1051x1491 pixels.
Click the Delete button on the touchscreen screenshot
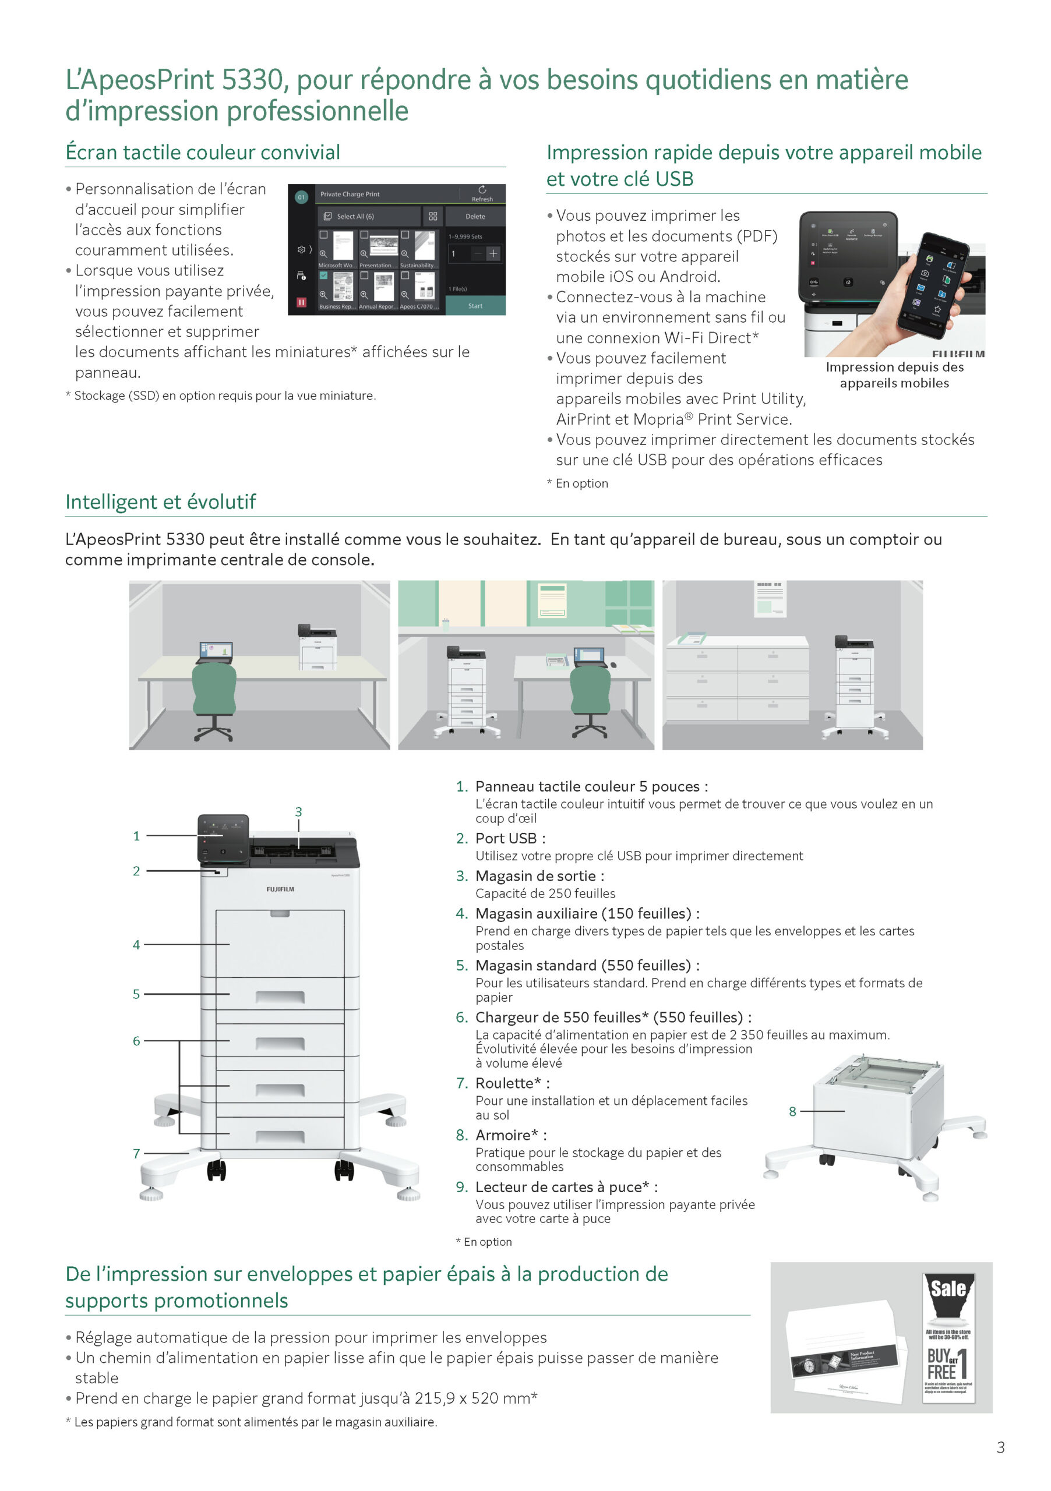[x=475, y=216]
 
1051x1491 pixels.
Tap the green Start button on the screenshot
[x=475, y=306]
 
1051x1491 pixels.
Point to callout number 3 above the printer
[x=298, y=812]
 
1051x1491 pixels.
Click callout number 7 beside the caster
[x=136, y=1153]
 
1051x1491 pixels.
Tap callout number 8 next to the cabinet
[x=792, y=1111]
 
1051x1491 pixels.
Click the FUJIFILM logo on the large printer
[x=280, y=889]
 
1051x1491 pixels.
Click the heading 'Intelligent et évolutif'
[x=160, y=502]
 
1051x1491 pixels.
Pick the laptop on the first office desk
[x=215, y=651]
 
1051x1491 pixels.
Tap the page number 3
[x=1000, y=1447]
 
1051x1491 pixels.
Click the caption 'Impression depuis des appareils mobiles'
[x=894, y=375]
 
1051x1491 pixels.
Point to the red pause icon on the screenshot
[x=301, y=302]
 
